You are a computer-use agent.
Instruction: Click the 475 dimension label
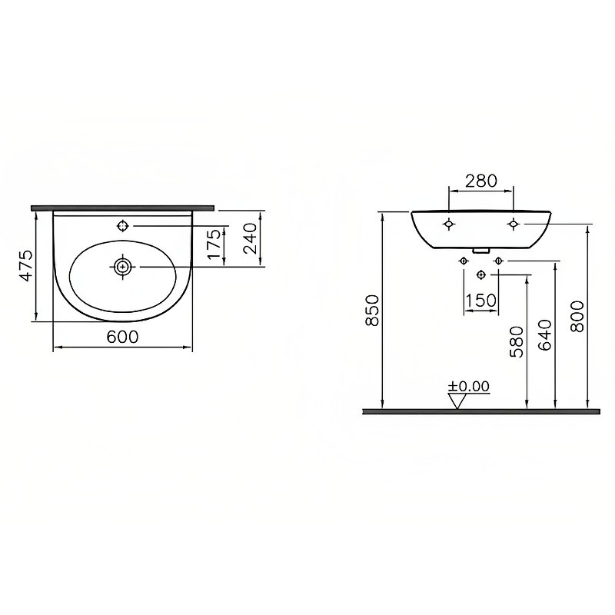pyautogui.click(x=26, y=265)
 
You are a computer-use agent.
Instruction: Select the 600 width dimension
pyautogui.click(x=122, y=337)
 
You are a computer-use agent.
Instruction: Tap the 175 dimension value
pyautogui.click(x=215, y=245)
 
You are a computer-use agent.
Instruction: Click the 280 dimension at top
pyautogui.click(x=482, y=181)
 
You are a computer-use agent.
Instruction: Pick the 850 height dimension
pyautogui.click(x=372, y=310)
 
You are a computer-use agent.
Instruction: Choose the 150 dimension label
pyautogui.click(x=481, y=301)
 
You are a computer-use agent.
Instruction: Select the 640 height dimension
pyautogui.click(x=545, y=335)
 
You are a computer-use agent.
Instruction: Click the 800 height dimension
pyautogui.click(x=577, y=315)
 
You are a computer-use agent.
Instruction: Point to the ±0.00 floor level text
pyautogui.click(x=469, y=386)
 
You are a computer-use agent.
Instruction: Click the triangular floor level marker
pyautogui.click(x=459, y=401)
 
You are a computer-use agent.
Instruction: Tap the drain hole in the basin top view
pyautogui.click(x=122, y=267)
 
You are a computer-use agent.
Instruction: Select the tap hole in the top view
pyautogui.click(x=122, y=226)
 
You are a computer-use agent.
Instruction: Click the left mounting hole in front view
pyautogui.click(x=449, y=224)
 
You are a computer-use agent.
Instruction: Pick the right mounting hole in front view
pyautogui.click(x=513, y=224)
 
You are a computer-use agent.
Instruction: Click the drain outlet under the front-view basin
pyautogui.click(x=480, y=250)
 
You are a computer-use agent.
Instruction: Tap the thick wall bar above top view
pyautogui.click(x=123, y=208)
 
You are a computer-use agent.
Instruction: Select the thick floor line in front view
pyautogui.click(x=480, y=411)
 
